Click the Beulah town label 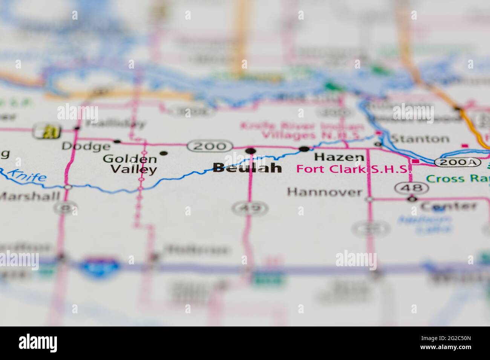247,168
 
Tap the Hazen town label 339,157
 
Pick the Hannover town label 324,192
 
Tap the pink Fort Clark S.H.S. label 353,169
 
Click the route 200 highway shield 210,146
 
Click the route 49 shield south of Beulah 250,207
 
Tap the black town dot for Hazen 304,149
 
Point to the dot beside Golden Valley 164,153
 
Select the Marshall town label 30,196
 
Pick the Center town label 449,206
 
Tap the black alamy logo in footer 38,343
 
